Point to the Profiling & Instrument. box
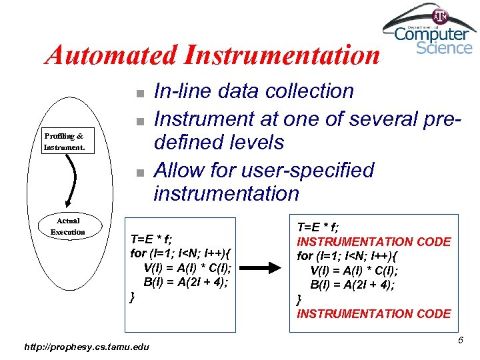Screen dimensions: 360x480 point(65,141)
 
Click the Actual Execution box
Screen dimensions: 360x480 point(68,226)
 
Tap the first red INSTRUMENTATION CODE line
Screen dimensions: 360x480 point(373,242)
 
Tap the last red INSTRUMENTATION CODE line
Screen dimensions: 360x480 point(373,313)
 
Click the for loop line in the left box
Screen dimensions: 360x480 point(181,253)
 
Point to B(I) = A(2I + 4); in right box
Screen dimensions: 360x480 point(353,285)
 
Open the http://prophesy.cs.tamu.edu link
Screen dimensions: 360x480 point(87,346)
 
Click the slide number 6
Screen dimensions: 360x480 point(460,341)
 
